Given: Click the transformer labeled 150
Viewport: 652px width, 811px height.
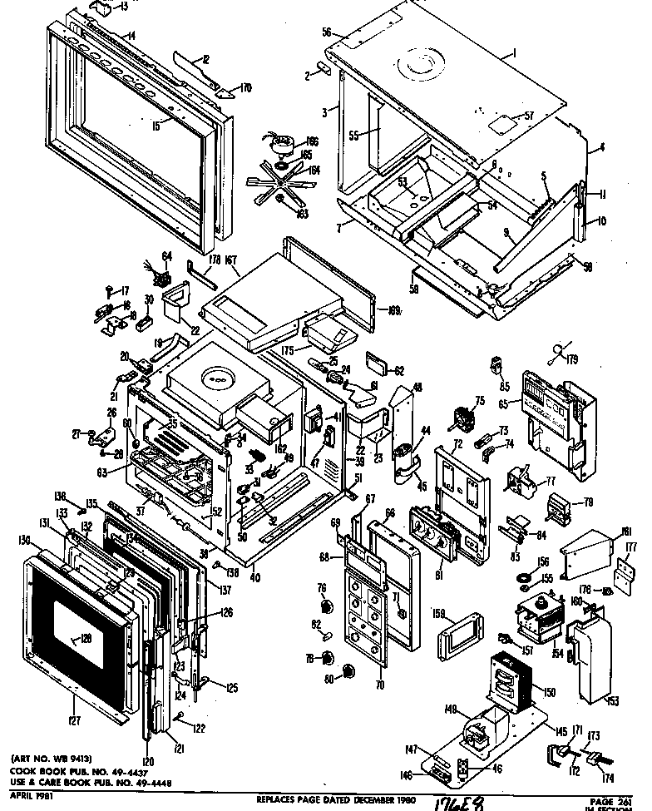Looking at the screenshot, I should (507, 677).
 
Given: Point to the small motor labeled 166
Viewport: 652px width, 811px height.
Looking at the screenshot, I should (279, 145).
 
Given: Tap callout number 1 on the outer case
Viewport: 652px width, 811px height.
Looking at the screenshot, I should (515, 54).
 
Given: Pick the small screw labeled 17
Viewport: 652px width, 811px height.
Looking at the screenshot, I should (110, 290).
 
